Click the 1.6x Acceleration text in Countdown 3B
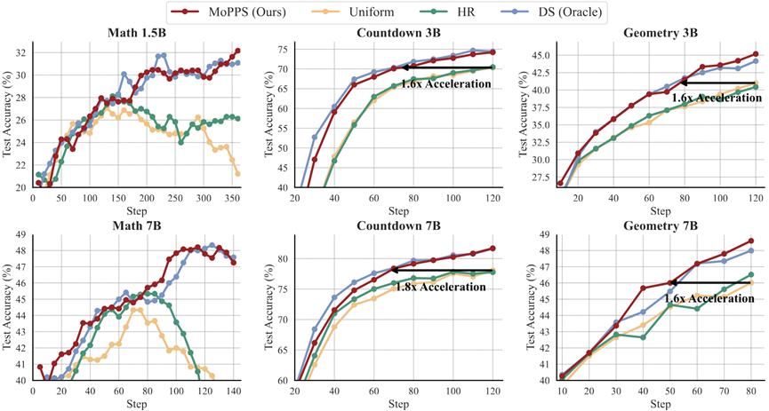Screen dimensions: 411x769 coord(445,83)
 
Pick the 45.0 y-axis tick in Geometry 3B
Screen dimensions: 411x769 coord(540,55)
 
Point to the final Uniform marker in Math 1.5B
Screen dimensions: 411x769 coord(238,173)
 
